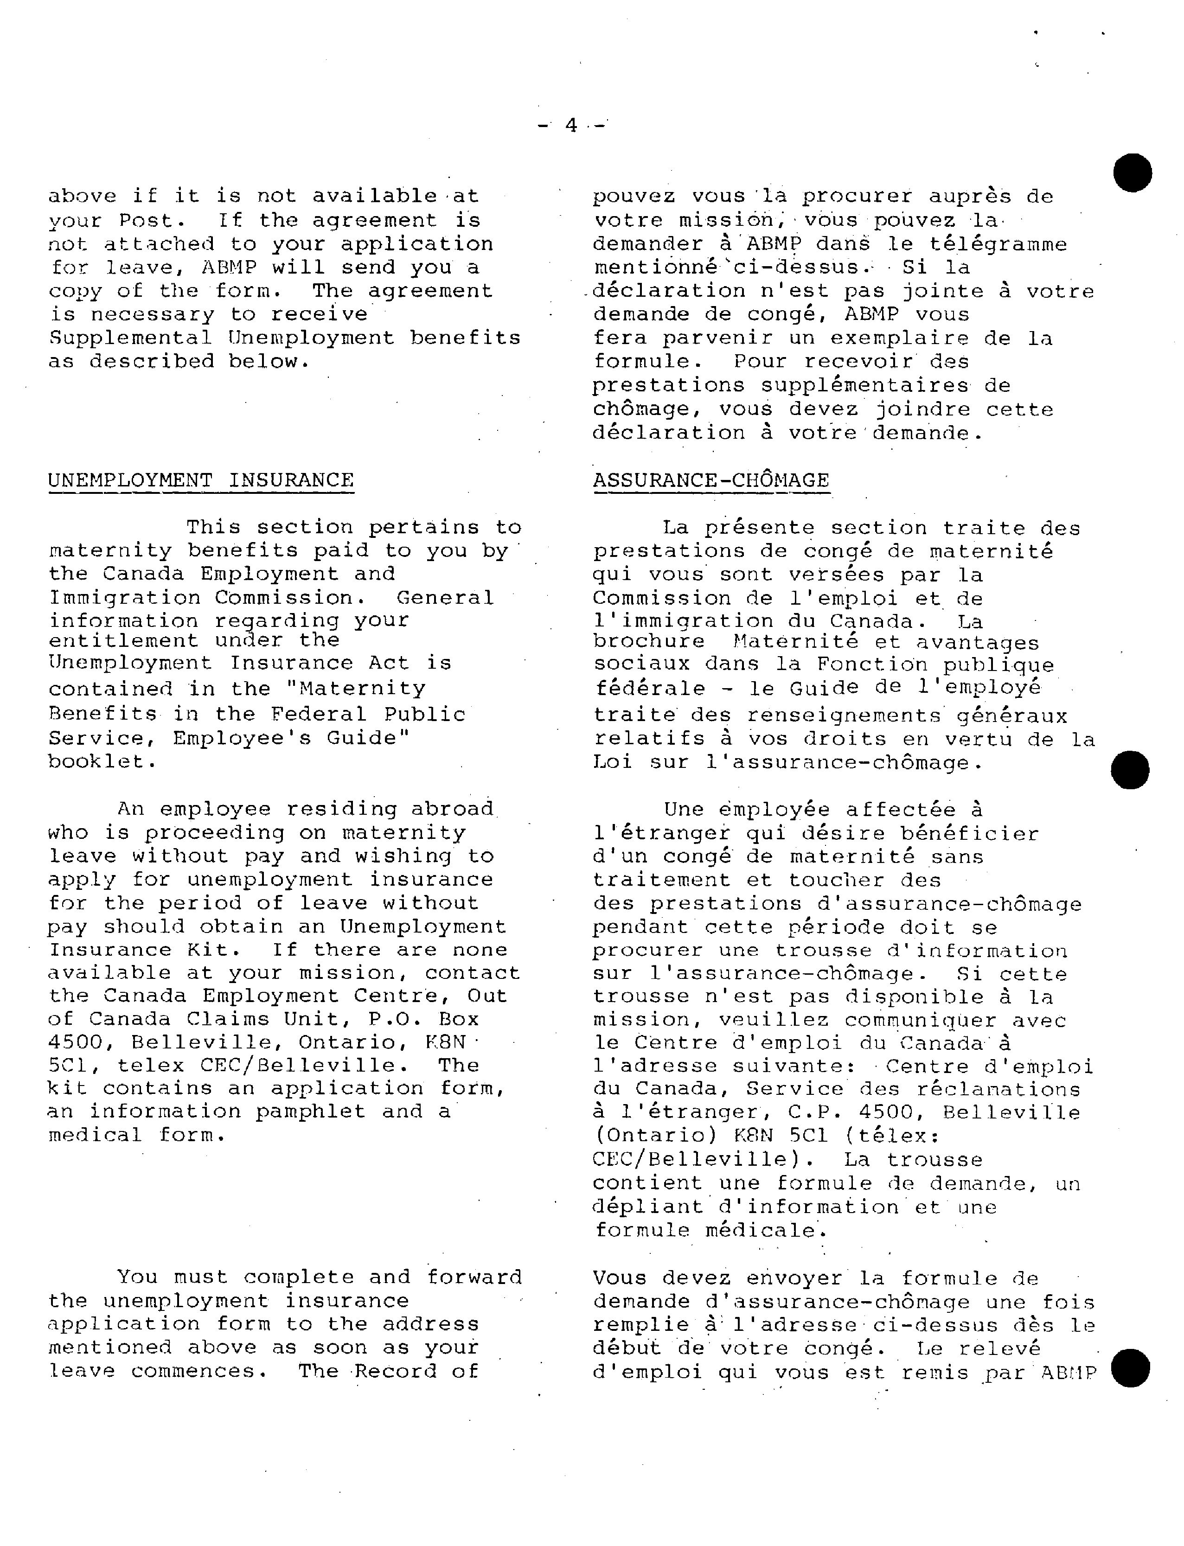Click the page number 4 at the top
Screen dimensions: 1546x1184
click(x=571, y=125)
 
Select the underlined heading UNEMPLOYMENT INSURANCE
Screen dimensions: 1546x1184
click(x=201, y=480)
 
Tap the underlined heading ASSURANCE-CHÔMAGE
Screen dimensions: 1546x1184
click(x=711, y=480)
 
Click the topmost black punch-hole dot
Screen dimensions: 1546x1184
click(x=1133, y=172)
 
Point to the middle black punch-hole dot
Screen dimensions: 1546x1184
click(x=1130, y=769)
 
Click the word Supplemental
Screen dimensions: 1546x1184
click(x=130, y=338)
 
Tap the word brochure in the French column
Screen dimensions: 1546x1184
click(x=648, y=642)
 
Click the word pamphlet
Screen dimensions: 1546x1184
click(x=311, y=1111)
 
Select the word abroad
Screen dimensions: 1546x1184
click(x=453, y=809)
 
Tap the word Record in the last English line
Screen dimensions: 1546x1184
click(x=396, y=1371)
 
